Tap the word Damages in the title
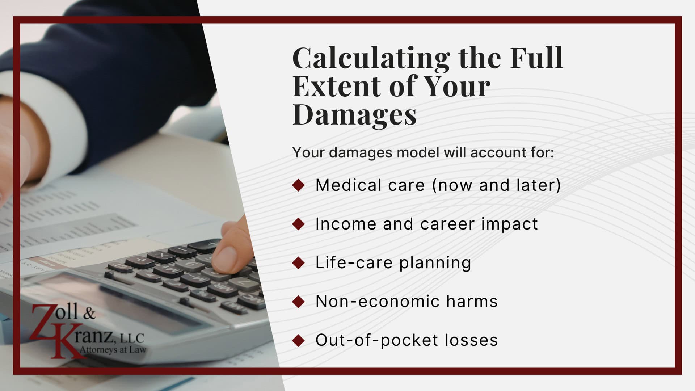click(354, 114)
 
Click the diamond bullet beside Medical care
click(299, 185)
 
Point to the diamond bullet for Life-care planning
click(299, 263)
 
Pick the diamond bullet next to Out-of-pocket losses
click(299, 340)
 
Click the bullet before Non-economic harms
click(299, 302)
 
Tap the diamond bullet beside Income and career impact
click(299, 224)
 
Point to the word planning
click(435, 263)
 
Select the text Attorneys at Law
click(113, 350)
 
